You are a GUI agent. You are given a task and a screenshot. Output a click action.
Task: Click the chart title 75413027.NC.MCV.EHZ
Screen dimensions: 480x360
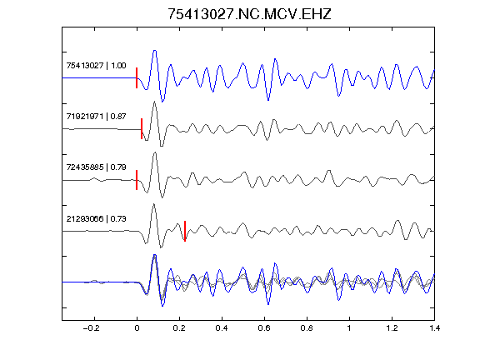(x=249, y=14)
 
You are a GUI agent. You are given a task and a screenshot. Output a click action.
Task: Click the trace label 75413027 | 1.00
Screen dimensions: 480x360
(x=96, y=66)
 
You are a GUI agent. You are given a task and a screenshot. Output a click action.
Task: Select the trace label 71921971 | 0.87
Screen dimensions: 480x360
(x=96, y=117)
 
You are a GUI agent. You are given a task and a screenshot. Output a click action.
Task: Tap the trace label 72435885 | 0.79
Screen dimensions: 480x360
(x=96, y=167)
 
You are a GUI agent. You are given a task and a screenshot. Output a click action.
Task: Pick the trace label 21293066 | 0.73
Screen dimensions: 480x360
(x=96, y=219)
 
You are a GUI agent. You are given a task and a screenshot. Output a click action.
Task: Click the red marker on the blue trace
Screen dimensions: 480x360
(x=137, y=78)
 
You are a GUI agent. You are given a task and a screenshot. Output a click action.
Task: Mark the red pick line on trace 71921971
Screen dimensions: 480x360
(x=142, y=129)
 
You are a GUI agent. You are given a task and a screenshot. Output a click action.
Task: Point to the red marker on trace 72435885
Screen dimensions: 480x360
(x=137, y=180)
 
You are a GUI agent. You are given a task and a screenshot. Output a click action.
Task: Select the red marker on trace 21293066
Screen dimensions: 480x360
(x=185, y=231)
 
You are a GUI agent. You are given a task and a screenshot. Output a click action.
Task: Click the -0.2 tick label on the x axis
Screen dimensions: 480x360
(x=91, y=328)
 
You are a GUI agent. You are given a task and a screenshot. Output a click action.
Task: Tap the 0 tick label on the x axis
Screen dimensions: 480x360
(x=137, y=328)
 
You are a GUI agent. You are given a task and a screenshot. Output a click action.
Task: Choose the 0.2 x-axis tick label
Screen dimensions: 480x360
(x=179, y=328)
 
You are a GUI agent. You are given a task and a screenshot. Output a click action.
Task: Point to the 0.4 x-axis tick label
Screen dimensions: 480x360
(x=222, y=328)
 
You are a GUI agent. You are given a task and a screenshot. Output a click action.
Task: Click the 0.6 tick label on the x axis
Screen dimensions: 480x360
(x=264, y=328)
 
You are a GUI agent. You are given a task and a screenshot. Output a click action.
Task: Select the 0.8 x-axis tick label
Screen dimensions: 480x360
(x=307, y=328)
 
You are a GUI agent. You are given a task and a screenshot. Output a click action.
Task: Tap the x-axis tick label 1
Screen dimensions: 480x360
(x=349, y=328)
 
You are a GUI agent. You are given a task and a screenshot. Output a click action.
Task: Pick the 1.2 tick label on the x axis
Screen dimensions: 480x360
(x=392, y=328)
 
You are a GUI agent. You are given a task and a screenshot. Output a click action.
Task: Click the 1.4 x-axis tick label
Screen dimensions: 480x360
(x=434, y=328)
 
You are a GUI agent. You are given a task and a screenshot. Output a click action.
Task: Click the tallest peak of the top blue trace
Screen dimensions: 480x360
(x=155, y=51)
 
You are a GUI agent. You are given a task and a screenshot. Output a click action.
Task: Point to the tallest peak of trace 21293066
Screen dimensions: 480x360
(x=153, y=204)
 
